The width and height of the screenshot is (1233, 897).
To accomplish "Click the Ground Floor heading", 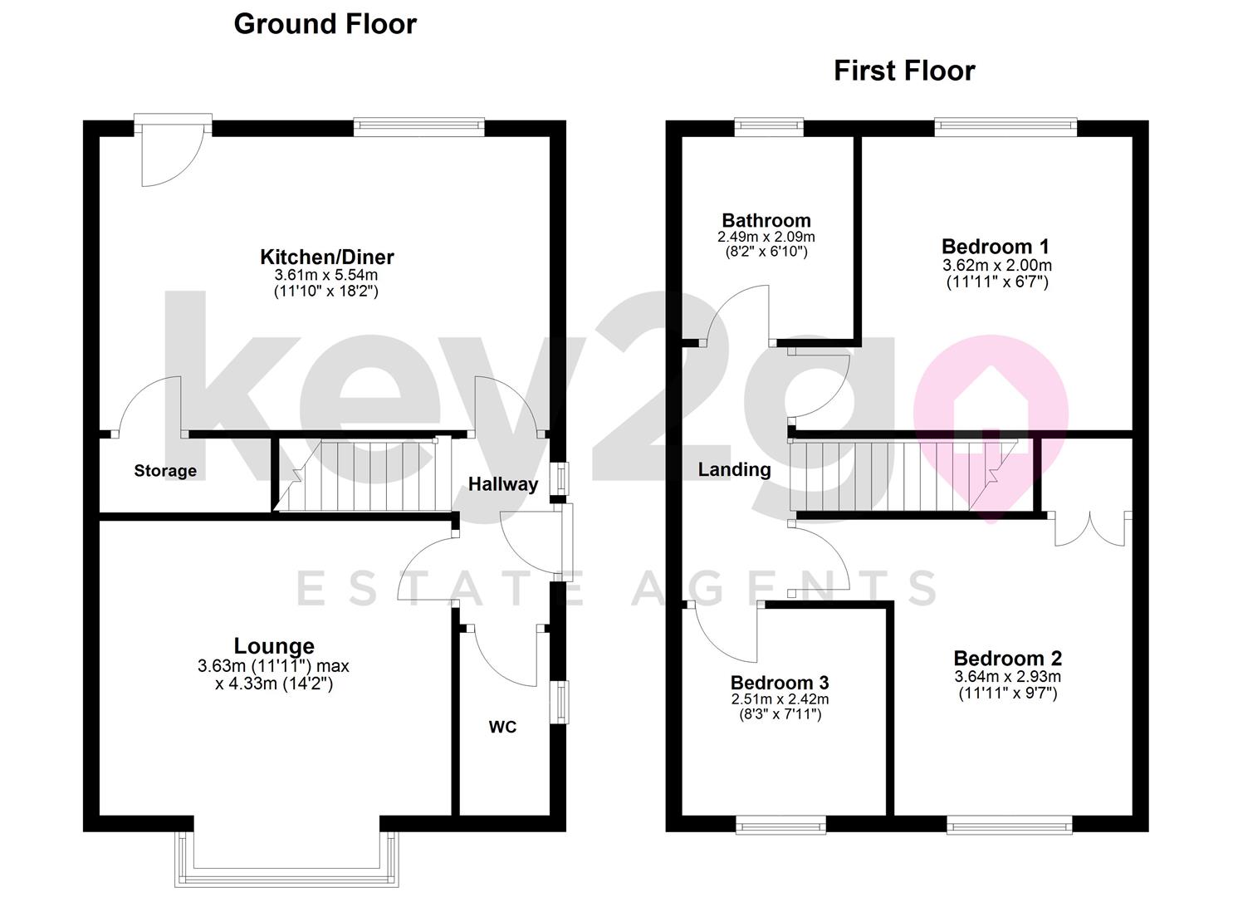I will click(x=325, y=24).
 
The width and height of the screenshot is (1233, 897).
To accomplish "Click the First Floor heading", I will click(x=904, y=71).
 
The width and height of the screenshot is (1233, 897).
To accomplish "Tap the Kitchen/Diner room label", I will click(x=326, y=257).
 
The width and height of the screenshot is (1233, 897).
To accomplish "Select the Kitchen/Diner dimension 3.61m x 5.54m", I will click(x=326, y=275).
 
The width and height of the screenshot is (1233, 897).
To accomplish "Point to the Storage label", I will click(x=165, y=471).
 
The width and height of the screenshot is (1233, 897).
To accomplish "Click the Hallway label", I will click(x=503, y=484).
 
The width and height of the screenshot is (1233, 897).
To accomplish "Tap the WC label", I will click(x=502, y=728).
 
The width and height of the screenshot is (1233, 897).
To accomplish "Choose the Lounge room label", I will click(x=274, y=645).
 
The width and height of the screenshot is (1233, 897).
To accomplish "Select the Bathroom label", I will click(x=766, y=220).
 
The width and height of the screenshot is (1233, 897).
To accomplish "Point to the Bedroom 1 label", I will click(x=995, y=247).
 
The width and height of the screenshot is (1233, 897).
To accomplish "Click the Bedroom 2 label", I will click(x=1007, y=659).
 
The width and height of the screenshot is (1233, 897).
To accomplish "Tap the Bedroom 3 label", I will click(x=779, y=683).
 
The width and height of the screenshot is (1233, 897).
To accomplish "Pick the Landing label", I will click(x=734, y=470).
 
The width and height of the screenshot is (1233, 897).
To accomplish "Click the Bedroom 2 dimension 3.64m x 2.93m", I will click(x=1007, y=677).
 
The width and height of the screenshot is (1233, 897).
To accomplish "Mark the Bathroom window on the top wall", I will click(x=769, y=127).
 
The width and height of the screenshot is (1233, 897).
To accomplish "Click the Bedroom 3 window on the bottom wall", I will click(x=780, y=824).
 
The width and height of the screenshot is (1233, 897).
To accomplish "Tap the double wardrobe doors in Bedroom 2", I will click(x=1089, y=529).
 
